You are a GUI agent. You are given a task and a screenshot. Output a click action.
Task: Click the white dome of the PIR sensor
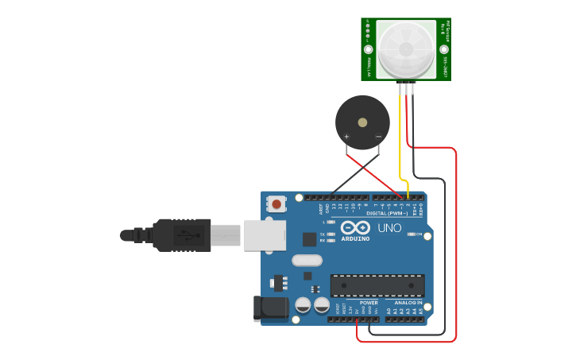406,48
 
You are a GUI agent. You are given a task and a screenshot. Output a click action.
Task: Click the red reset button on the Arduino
276,204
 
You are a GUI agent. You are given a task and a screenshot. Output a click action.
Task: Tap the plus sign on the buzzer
347,137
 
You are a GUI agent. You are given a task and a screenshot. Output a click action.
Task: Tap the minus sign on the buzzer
378,137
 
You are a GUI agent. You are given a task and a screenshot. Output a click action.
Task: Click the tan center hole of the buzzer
362,122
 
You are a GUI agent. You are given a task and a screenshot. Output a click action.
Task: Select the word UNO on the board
389,228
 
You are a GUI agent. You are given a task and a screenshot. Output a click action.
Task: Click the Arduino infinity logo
355,227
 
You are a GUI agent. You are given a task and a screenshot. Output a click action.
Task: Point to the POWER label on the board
369,303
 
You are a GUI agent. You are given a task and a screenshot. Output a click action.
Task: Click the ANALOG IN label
408,303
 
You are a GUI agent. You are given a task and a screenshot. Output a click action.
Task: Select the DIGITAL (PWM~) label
387,213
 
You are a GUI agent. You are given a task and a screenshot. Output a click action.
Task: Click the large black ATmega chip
377,285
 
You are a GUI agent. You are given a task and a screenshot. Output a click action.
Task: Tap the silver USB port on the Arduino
264,234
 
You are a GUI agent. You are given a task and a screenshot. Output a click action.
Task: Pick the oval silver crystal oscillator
307,260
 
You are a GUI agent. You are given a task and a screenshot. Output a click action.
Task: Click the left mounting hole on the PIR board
369,49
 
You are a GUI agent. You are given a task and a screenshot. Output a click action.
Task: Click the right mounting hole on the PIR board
443,49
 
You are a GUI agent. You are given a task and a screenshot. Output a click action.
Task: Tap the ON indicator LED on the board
410,234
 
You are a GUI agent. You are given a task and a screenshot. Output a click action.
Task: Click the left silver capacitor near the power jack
303,304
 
